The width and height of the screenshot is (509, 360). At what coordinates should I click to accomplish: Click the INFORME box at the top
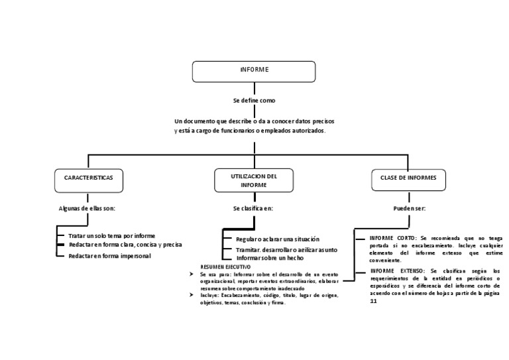pyautogui.click(x=254, y=70)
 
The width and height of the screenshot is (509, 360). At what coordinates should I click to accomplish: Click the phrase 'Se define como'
pyautogui.click(x=254, y=101)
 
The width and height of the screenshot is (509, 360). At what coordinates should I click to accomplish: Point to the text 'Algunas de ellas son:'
pyautogui.click(x=87, y=208)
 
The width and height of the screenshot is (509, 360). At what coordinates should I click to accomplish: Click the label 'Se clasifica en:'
pyautogui.click(x=253, y=208)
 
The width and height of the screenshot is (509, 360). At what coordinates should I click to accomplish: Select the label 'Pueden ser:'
pyautogui.click(x=410, y=208)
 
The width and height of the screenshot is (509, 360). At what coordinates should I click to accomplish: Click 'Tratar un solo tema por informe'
pyautogui.click(x=111, y=235)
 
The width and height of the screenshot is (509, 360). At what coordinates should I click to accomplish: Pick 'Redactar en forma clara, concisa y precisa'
pyautogui.click(x=125, y=245)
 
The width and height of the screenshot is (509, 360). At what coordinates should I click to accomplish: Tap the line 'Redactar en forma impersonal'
pyautogui.click(x=109, y=256)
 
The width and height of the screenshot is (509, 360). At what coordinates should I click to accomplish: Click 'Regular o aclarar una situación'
pyautogui.click(x=278, y=239)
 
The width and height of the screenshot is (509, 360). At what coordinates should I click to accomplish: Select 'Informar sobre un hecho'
pyautogui.click(x=270, y=257)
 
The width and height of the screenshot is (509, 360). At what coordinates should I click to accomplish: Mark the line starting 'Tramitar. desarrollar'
pyautogui.click(x=286, y=249)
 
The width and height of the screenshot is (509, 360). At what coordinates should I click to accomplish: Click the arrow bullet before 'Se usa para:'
pyautogui.click(x=192, y=273)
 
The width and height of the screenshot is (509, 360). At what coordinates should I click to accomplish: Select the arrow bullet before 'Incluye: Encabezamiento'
pyautogui.click(x=192, y=295)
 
